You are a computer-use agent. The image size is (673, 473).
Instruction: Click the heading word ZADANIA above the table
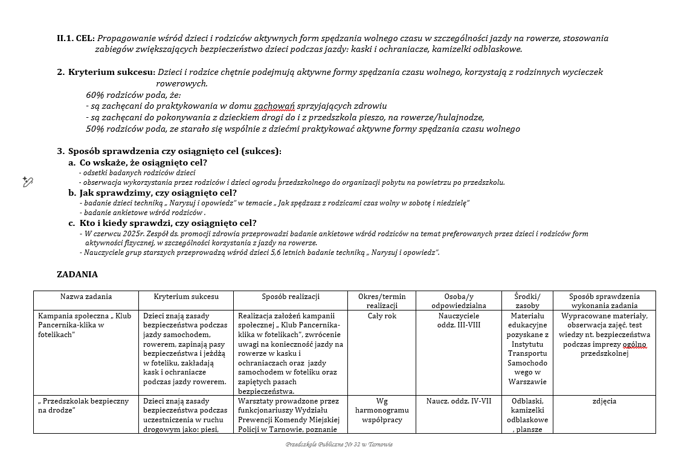[x=77, y=274]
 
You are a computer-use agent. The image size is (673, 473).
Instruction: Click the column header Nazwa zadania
[x=86, y=297]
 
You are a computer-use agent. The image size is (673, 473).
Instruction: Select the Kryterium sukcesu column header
[x=186, y=297]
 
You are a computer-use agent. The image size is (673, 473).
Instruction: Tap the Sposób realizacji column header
[x=291, y=297]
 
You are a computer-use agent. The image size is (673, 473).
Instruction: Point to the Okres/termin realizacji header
[x=382, y=301]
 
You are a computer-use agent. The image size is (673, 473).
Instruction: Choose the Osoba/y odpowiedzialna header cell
[x=459, y=301]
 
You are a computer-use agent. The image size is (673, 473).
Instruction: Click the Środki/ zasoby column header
[x=527, y=301]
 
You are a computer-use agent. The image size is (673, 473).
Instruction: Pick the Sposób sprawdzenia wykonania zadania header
[x=604, y=301]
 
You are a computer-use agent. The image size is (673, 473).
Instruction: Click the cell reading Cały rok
[x=382, y=316]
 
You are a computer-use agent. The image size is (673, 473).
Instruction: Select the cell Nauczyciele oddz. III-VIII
[x=459, y=320]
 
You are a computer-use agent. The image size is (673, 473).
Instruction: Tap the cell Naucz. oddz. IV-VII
[x=459, y=401]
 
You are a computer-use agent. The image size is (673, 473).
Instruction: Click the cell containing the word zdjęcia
[x=604, y=401]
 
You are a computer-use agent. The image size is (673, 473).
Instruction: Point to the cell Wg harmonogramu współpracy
[x=382, y=410]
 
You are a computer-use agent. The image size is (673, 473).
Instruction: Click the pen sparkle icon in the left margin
[x=27, y=181]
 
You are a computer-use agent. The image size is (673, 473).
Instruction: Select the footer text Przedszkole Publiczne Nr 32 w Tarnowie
[x=339, y=444]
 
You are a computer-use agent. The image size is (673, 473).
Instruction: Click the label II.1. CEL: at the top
[x=76, y=38]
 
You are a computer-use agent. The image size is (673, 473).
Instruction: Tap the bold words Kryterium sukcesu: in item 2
[x=112, y=72]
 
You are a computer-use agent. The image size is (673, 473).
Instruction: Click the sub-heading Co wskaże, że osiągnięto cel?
[x=143, y=162]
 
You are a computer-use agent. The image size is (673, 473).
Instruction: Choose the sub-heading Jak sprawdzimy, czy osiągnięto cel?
[x=158, y=193]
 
